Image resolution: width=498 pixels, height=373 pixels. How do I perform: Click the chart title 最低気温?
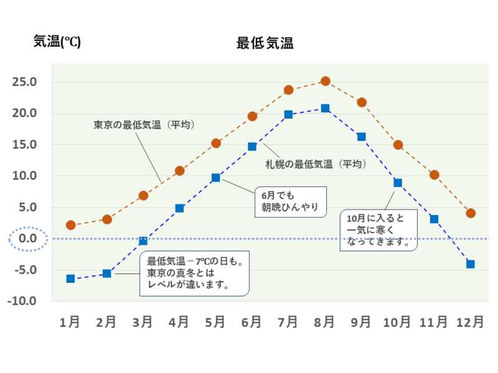coord(265,44)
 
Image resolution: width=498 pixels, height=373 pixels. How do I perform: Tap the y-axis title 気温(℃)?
coord(57,42)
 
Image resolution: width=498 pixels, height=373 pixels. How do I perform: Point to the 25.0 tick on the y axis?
coord(25,82)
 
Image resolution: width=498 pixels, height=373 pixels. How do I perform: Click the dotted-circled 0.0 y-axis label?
coord(25,239)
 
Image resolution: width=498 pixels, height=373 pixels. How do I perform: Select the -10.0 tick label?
coord(23,301)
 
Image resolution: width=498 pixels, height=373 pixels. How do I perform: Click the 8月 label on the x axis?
coord(324,322)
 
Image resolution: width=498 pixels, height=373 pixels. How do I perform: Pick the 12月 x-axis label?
coord(470,322)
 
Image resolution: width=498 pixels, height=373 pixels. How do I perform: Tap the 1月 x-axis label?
coord(70,322)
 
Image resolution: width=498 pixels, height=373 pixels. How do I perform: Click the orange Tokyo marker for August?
coord(325,81)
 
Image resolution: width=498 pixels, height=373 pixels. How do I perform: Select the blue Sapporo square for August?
coord(325,108)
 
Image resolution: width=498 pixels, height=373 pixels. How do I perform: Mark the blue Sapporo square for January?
coord(70,279)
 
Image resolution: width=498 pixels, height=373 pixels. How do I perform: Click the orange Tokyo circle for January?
coord(70,225)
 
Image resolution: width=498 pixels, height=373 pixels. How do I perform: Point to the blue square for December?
coord(471,264)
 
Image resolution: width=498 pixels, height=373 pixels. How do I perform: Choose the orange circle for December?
coord(471,213)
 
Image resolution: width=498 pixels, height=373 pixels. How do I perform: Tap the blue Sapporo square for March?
coord(143,241)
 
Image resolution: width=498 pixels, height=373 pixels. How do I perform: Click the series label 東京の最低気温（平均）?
coord(144,124)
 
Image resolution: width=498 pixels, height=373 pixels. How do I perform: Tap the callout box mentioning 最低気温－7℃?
coord(194,274)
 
